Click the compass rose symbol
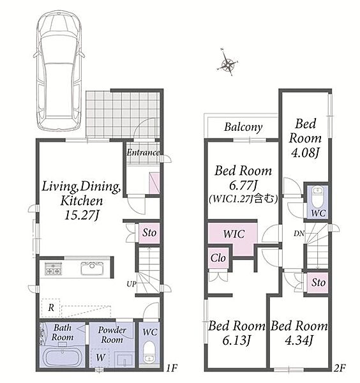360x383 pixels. (x=228, y=63)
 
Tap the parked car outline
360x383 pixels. (x=59, y=71)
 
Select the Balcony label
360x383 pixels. (x=243, y=127)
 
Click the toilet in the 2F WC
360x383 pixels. (x=317, y=197)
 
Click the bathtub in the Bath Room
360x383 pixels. (x=63, y=358)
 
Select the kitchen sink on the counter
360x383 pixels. (x=93, y=268)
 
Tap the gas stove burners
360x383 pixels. (x=53, y=269)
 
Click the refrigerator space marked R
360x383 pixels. (x=50, y=308)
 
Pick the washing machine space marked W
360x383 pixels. (x=100, y=357)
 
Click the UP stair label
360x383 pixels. (x=131, y=284)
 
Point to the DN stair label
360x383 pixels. (x=299, y=234)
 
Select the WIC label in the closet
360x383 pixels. (x=234, y=234)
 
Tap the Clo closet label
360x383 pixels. (x=218, y=258)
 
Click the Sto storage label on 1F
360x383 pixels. (x=149, y=232)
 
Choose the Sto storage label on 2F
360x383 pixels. (x=319, y=283)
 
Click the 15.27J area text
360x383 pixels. (x=82, y=216)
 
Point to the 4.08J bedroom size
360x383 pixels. (x=305, y=153)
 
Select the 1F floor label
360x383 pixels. (x=172, y=368)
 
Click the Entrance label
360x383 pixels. (x=143, y=153)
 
